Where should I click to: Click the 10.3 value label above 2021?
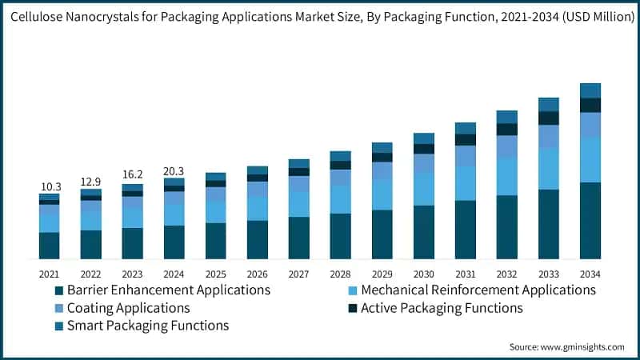point(50,186)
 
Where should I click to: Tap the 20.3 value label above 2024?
point(174,170)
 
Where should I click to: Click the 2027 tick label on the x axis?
point(298,274)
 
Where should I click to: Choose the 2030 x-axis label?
point(423,274)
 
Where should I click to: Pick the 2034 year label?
point(590,274)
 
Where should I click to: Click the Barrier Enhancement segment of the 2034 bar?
point(590,221)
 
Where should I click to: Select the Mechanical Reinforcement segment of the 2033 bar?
point(548,168)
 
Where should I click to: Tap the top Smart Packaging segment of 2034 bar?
point(590,90)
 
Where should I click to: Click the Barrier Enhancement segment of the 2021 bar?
point(50,246)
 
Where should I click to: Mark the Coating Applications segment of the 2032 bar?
point(506,146)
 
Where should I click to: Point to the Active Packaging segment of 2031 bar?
point(465,139)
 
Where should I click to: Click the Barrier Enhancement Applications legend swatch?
point(58,290)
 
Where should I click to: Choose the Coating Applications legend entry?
point(128,308)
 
